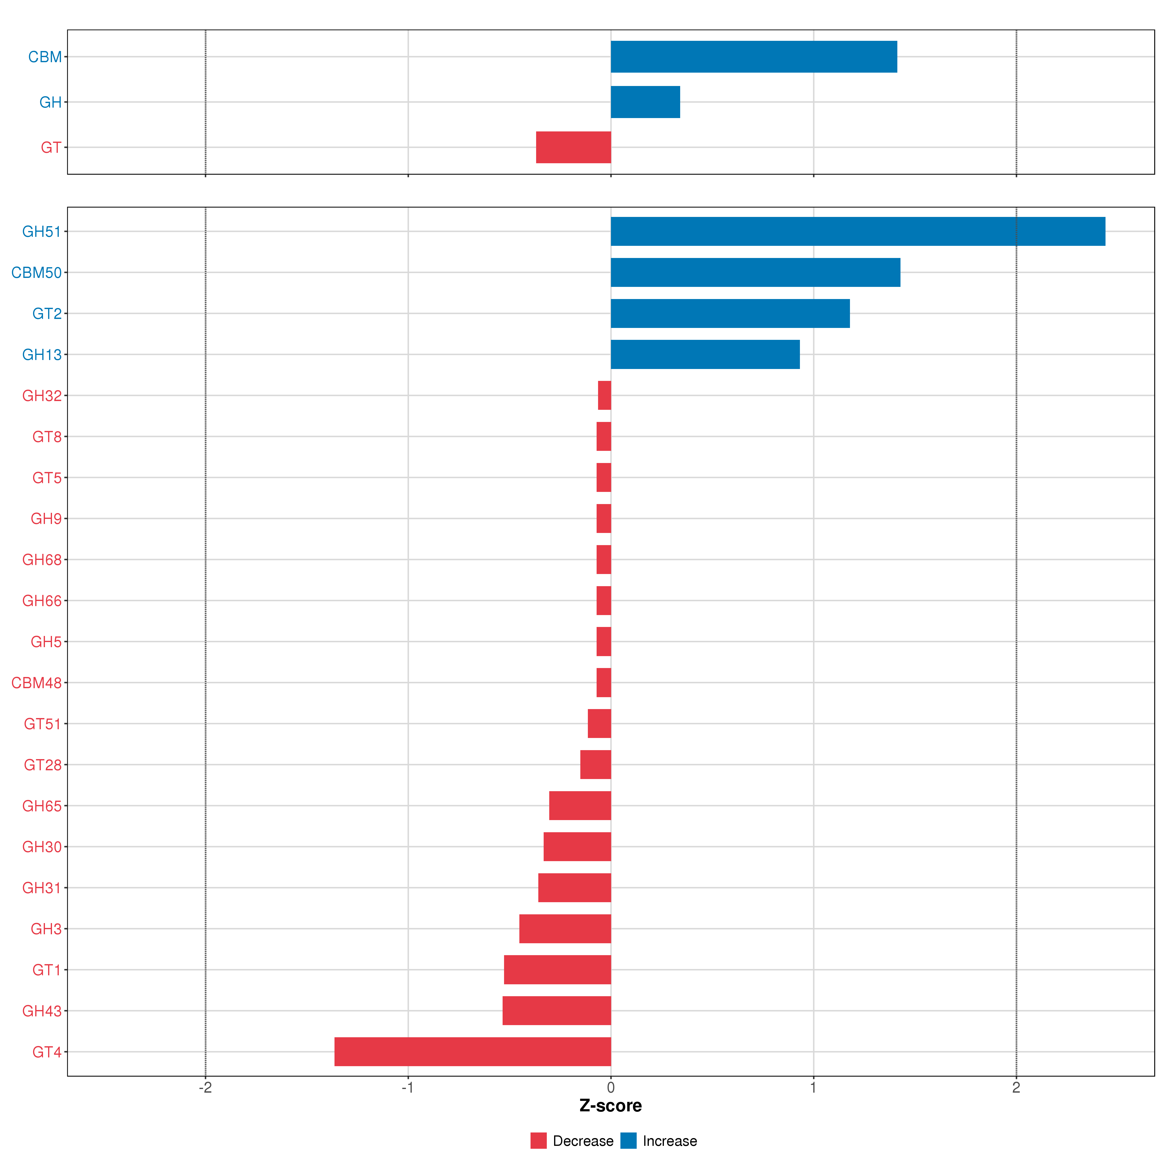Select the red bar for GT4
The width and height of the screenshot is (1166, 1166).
[x=472, y=1051]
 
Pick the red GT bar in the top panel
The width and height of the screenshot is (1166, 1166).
[x=573, y=147]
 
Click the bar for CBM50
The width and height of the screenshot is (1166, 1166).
[x=755, y=272]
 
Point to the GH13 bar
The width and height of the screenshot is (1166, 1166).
[x=705, y=354]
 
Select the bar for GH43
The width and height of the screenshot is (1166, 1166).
[x=557, y=1010]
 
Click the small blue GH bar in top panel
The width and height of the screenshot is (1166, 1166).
[x=645, y=102]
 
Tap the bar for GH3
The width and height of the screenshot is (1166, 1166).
[x=565, y=928]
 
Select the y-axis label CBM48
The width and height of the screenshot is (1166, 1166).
[x=36, y=683]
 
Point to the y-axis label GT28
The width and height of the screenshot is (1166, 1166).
[x=42, y=765]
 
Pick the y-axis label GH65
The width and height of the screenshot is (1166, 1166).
[x=42, y=806]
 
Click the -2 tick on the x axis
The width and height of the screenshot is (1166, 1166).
[x=205, y=1088]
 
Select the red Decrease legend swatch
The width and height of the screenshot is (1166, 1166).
[x=538, y=1141]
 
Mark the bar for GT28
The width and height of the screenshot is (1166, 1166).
[x=595, y=765]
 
